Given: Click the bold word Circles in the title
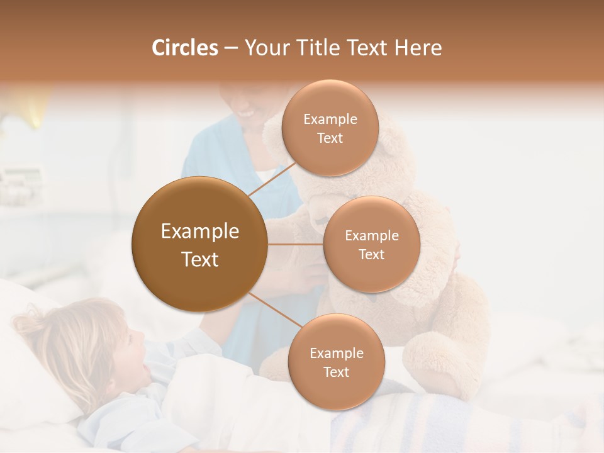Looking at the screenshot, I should point(185,48).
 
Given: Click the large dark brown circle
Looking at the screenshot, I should point(199,244).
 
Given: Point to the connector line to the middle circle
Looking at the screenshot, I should point(296,244).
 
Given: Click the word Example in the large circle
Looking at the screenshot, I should point(199,232).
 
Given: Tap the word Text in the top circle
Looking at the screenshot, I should point(330,138).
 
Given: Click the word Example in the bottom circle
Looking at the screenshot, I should point(336,353).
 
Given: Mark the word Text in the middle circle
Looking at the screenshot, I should point(371,254).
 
